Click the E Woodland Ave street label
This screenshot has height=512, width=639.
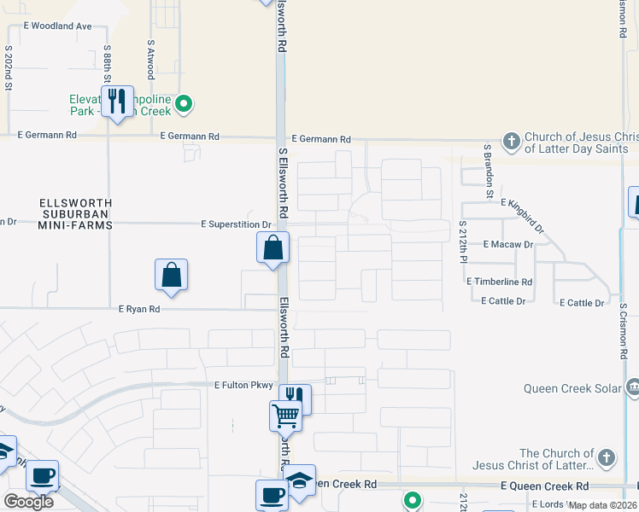point(56,26)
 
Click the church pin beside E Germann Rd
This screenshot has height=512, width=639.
point(511,141)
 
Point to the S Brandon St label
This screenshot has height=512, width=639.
point(489,171)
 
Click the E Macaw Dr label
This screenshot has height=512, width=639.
point(507,244)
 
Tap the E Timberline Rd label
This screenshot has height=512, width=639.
point(500,281)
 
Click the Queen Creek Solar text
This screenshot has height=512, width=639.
point(572,389)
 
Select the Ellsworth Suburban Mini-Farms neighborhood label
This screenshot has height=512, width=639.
point(76,213)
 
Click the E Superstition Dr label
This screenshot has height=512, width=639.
point(236,224)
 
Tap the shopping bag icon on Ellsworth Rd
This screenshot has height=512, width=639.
point(273,249)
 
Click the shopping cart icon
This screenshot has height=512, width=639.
point(286,417)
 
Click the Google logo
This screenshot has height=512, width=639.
point(28,502)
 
